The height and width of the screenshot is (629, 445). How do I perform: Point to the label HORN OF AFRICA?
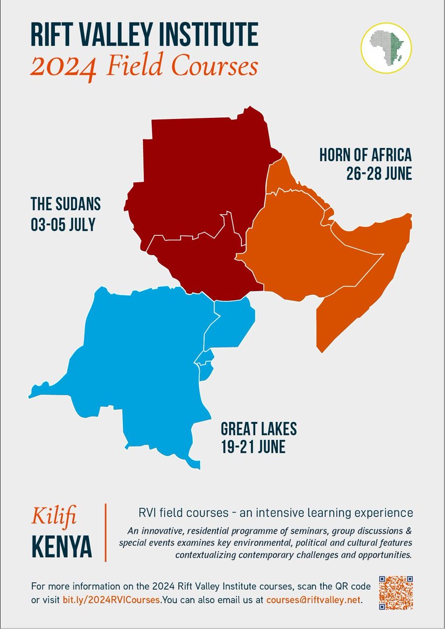(365, 156)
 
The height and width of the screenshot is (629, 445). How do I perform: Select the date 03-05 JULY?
(63, 224)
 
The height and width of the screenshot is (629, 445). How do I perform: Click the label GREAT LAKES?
(259, 429)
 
